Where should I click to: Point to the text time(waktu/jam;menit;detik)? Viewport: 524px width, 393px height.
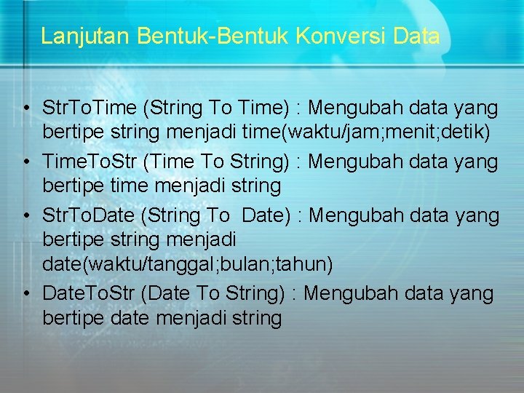370,132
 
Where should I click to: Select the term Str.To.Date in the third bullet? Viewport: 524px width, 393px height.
90,216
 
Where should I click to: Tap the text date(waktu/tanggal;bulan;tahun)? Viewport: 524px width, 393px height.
188,264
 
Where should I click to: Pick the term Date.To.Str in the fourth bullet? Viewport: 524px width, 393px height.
90,294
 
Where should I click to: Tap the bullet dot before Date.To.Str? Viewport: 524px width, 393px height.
25,295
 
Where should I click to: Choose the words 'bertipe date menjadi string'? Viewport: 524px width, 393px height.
162,318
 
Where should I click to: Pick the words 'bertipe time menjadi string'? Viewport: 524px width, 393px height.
162,186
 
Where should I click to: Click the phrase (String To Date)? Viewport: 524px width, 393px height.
220,216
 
